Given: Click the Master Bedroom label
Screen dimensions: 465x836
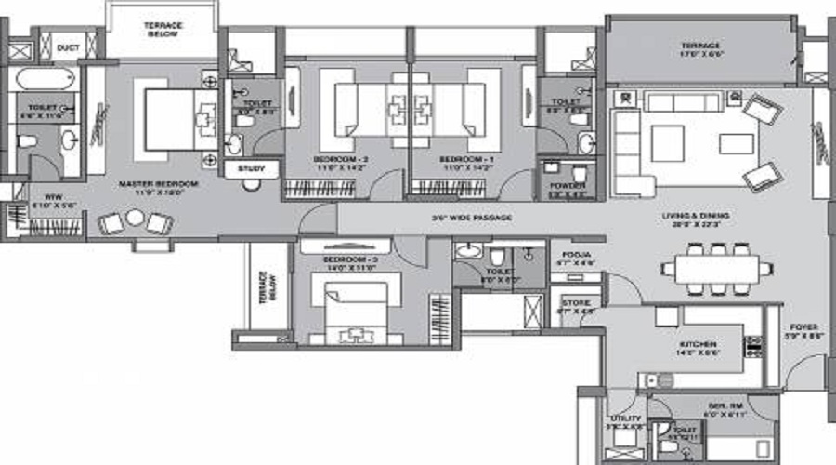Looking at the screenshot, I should point(159,185).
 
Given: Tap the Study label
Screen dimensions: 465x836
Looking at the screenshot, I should point(252,169).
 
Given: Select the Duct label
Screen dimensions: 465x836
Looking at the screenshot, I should point(68,45).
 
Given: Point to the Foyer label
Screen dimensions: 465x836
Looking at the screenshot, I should point(803,326).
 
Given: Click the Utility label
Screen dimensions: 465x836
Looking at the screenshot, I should point(620,419).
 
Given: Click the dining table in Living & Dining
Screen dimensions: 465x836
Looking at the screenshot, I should point(715,268).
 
